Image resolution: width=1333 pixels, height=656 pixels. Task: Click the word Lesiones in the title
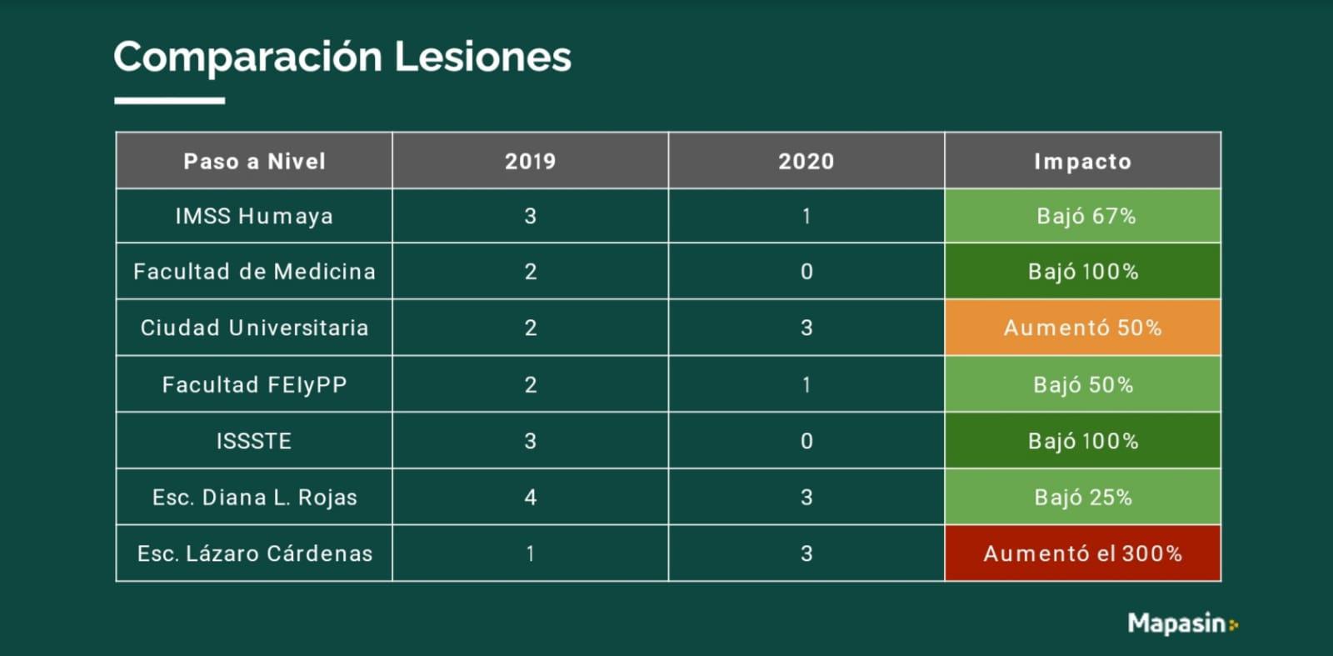[482, 57]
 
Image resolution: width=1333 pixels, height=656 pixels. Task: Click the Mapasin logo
[1182, 623]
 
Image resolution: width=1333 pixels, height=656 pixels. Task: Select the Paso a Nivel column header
[254, 161]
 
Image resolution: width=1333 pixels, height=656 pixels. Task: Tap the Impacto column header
[1082, 161]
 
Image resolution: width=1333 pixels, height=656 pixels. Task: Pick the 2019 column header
[530, 161]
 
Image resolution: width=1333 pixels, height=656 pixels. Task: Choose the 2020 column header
[806, 161]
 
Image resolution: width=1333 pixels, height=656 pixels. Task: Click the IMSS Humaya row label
[254, 216]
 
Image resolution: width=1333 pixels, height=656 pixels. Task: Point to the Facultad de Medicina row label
[254, 272]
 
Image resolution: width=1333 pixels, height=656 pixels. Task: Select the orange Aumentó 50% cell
[1082, 328]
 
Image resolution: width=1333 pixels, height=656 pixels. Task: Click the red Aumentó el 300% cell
[1082, 553]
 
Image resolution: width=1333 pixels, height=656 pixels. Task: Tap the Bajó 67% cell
[1082, 216]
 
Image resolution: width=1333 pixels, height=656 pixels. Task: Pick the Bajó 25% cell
[1082, 498]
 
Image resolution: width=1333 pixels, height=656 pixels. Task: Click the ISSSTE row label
[254, 441]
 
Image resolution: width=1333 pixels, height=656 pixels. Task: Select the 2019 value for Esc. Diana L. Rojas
[530, 498]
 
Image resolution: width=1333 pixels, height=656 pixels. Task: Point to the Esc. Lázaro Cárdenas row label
[254, 553]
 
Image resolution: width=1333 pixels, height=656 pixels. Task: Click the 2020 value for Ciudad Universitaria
[806, 328]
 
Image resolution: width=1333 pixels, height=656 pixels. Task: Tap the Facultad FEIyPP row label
[254, 384]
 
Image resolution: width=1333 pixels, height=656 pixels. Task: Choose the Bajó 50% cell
[1082, 384]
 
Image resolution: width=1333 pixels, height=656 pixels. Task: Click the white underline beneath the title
[169, 101]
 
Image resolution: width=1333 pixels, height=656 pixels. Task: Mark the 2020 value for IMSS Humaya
[806, 216]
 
